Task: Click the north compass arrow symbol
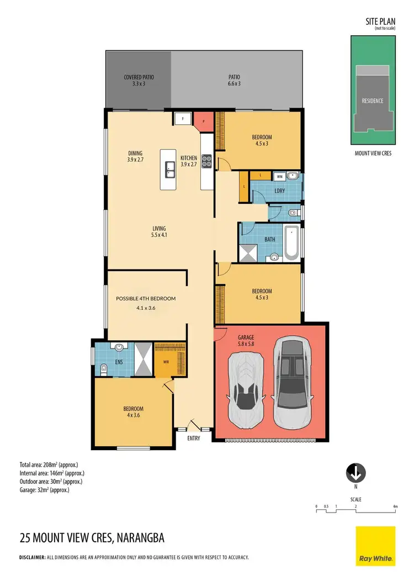coord(356,473)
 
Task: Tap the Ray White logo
coord(375,546)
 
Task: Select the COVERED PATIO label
coord(139,81)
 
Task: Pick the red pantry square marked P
coord(203,122)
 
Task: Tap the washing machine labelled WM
coord(280,177)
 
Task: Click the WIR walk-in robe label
coord(164,362)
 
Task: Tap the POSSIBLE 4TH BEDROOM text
coord(146,298)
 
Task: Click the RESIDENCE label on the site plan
coord(372,101)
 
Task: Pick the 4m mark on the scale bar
coord(395,506)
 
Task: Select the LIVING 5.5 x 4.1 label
coord(160,232)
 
